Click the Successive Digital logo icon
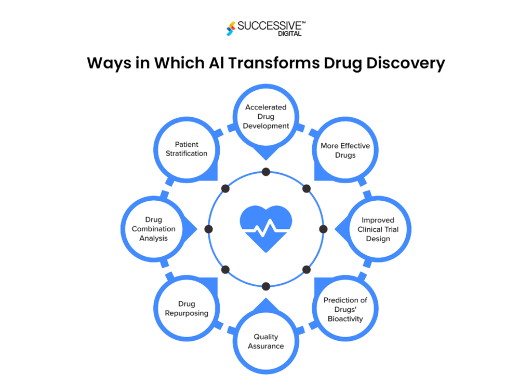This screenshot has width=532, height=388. pyautogui.click(x=231, y=29)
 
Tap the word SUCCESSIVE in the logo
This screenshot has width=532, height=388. pyautogui.click(x=268, y=25)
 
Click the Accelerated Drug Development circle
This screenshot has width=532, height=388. pyautogui.click(x=266, y=116)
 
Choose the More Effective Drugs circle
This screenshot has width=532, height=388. pyautogui.click(x=345, y=150)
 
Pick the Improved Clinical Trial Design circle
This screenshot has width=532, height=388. pyautogui.click(x=378, y=229)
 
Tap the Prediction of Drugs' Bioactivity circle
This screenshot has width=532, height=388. pyautogui.click(x=345, y=309)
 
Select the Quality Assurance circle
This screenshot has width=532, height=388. pyautogui.click(x=266, y=341)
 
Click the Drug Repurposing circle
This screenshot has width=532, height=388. pyautogui.click(x=187, y=309)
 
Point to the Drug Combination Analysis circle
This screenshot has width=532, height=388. pyautogui.click(x=153, y=229)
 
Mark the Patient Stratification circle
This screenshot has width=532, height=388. pyautogui.click(x=187, y=149)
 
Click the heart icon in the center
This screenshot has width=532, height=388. pyautogui.click(x=266, y=228)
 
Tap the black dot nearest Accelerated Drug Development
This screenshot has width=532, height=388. pyautogui.click(x=266, y=172)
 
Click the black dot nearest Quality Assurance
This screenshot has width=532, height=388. pyautogui.click(x=266, y=286)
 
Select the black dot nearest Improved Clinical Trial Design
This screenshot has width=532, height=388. pyautogui.click(x=323, y=229)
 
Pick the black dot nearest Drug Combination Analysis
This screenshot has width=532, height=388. pyautogui.click(x=209, y=229)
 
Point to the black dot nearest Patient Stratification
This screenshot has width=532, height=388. pyautogui.click(x=225, y=188)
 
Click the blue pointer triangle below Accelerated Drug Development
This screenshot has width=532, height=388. pyautogui.click(x=266, y=155)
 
